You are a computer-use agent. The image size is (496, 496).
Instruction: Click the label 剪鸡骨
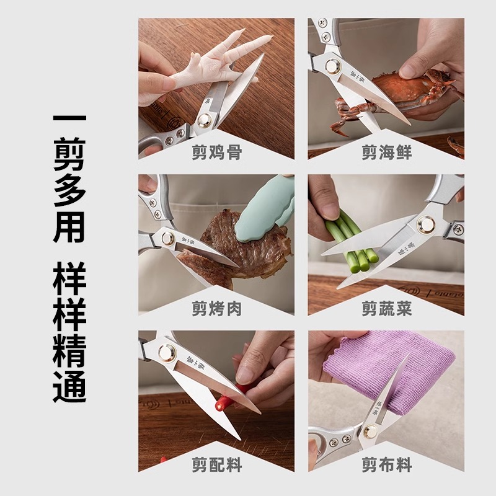(x=216, y=153)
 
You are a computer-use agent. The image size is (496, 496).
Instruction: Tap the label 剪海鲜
(x=386, y=153)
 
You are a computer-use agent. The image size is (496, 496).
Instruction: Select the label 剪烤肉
(x=216, y=308)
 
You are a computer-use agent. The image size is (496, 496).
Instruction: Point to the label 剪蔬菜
(x=386, y=308)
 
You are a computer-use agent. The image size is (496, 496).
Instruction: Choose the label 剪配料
(x=216, y=464)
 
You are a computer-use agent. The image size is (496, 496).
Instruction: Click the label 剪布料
(x=386, y=464)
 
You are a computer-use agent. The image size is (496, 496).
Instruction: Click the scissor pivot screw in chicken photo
(x=204, y=122)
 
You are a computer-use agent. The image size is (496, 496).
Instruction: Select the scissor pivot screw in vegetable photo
(x=426, y=224)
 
